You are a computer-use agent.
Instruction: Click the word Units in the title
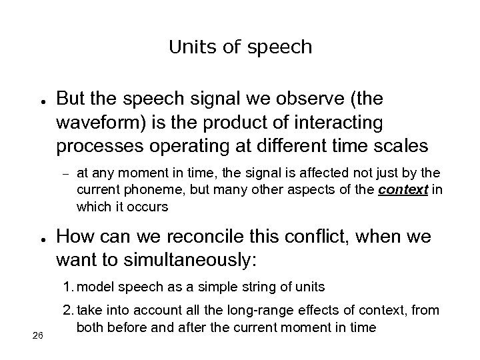[x=188, y=47]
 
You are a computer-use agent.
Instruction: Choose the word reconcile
[x=196, y=237]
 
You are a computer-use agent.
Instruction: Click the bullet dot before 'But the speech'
[x=42, y=101]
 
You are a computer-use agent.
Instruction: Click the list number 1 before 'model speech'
[x=67, y=287]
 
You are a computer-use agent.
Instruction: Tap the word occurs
[x=151, y=207]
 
